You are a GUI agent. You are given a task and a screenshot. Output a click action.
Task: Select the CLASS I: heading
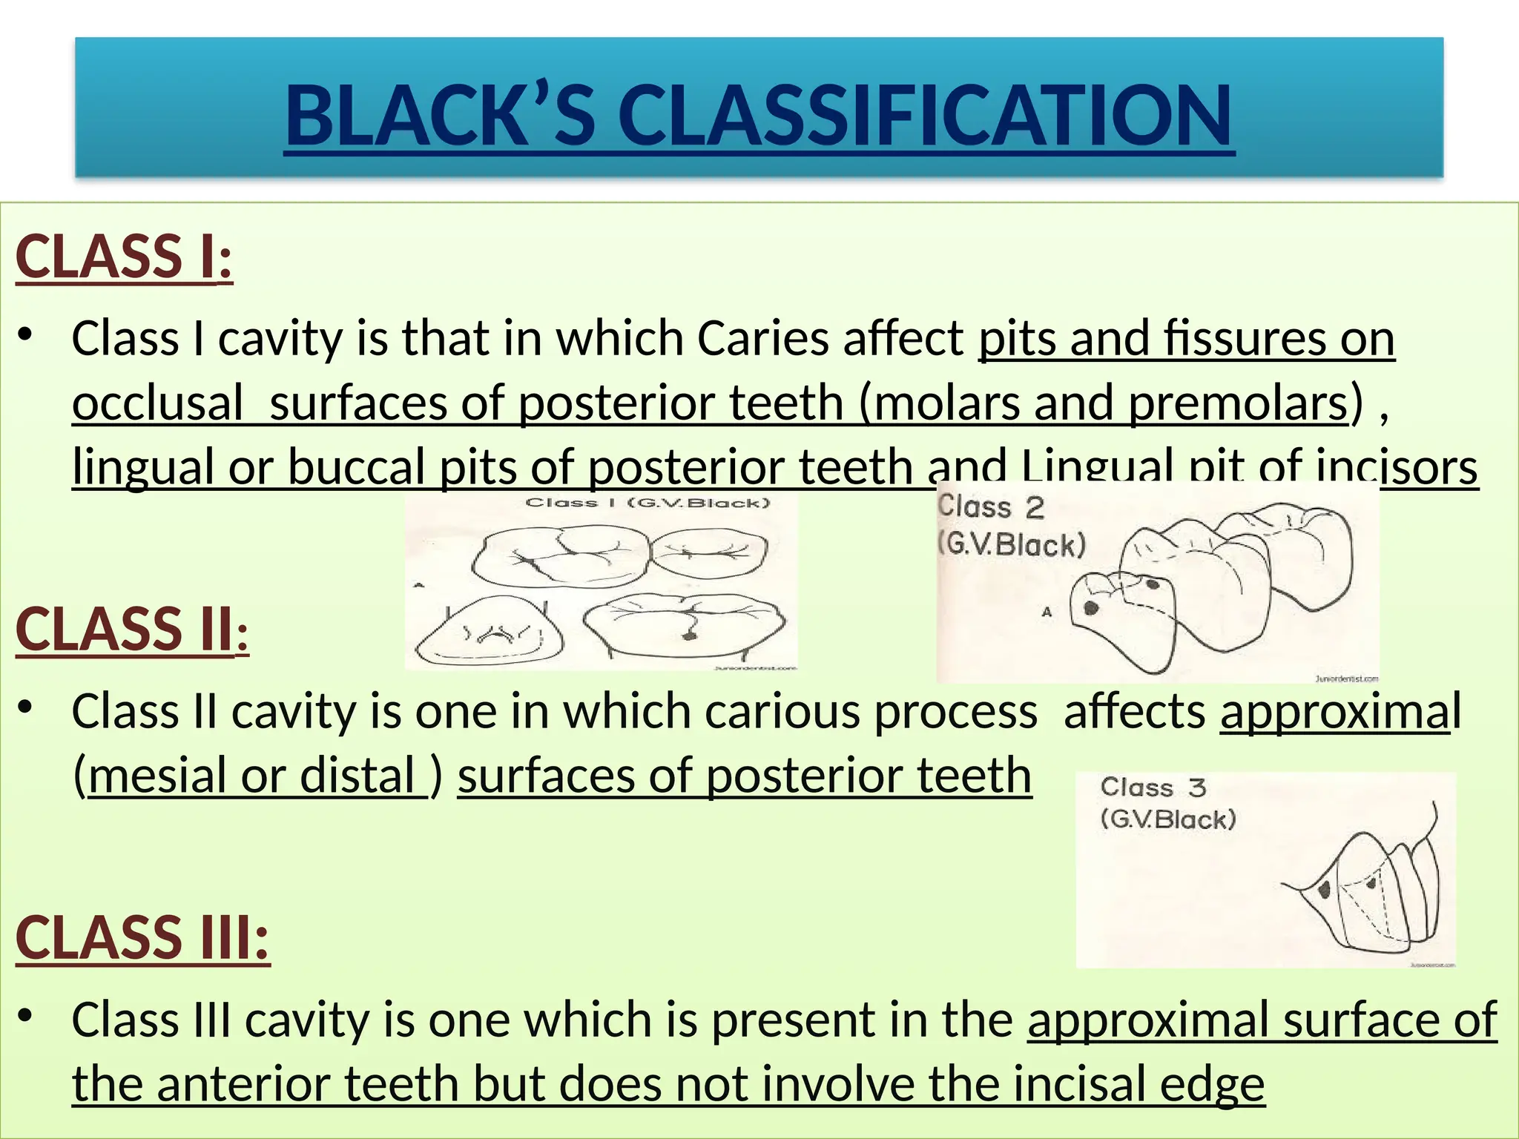point(124,257)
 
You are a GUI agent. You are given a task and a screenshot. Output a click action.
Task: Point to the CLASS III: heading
point(142,937)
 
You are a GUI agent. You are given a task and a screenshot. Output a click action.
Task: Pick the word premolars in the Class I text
point(1237,403)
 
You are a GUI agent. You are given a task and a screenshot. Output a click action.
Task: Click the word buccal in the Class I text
point(356,467)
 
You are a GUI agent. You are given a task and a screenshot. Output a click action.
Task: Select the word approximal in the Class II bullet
point(1334,711)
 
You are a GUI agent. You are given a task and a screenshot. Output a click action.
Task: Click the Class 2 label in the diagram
point(991,507)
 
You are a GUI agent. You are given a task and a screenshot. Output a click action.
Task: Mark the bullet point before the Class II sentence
point(26,707)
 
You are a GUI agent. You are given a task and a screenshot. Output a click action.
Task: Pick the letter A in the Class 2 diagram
point(1047,612)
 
